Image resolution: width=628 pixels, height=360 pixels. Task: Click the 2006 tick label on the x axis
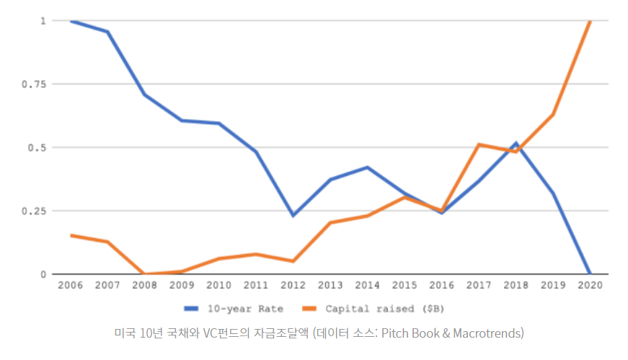point(71,285)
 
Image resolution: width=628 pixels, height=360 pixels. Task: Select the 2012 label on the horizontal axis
point(293,285)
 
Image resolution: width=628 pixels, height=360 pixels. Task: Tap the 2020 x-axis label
point(591,285)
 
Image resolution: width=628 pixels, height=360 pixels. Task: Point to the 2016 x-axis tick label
point(442,285)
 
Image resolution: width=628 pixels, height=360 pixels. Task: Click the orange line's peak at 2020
point(591,22)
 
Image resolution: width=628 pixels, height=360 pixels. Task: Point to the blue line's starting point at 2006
point(71,21)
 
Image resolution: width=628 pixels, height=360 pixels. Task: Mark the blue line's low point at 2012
point(293,215)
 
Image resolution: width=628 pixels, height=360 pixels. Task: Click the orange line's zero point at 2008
point(145,274)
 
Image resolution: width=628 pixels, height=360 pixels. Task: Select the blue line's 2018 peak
point(516,144)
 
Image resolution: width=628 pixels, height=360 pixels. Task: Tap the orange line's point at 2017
point(479,145)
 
